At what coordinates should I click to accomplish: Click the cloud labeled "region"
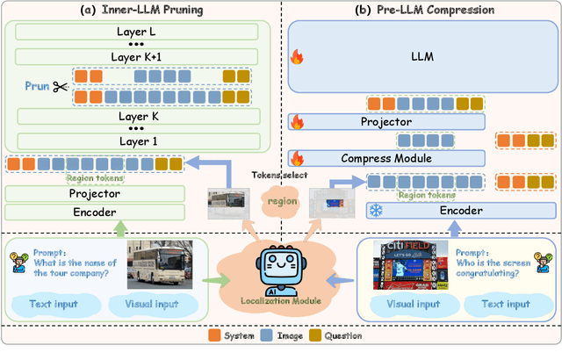click(x=282, y=201)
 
